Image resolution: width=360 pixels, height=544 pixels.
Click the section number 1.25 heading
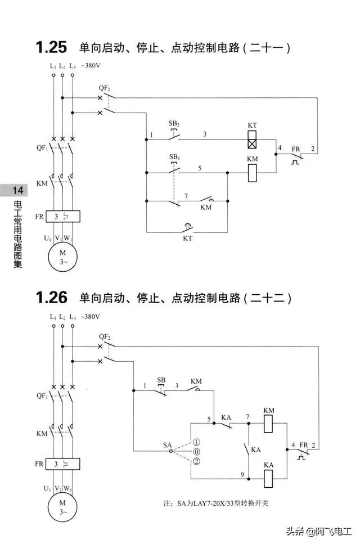[x=51, y=47]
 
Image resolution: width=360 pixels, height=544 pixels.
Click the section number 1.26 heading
[x=51, y=297]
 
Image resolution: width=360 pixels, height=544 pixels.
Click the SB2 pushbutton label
[x=174, y=123]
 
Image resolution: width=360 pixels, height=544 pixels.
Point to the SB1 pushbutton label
[x=174, y=155]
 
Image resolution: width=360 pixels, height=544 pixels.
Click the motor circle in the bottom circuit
[x=62, y=505]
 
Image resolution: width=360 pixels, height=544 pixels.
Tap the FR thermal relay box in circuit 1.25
[x=62, y=215]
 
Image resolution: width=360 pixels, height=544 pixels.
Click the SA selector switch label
[x=167, y=445]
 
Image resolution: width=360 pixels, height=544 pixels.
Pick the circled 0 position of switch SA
[x=196, y=452]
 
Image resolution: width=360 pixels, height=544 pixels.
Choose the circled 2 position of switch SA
[x=196, y=462]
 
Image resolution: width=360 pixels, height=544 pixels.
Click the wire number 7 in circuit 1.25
[x=186, y=195]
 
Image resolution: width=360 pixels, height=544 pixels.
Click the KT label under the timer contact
[x=187, y=239]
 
